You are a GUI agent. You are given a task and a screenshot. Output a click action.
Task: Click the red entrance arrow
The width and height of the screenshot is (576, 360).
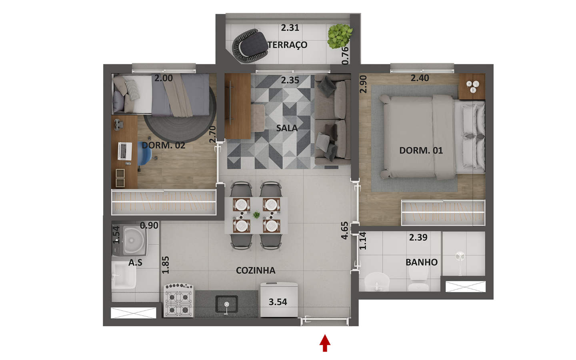(325, 343)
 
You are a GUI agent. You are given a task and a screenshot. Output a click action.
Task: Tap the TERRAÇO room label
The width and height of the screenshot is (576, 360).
(288, 45)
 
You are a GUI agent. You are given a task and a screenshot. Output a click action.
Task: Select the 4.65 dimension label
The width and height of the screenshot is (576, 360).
(344, 230)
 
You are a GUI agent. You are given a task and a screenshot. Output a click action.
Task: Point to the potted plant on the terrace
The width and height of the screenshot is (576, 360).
(340, 36)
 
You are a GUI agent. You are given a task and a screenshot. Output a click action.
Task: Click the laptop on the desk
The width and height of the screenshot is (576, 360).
(125, 151)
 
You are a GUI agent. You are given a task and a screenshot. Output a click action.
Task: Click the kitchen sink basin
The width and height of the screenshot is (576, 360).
(226, 304)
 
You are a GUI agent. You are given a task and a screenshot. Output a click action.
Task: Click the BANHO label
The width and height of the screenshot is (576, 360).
(422, 262)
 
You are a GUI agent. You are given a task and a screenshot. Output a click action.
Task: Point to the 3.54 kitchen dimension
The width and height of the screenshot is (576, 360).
(278, 302)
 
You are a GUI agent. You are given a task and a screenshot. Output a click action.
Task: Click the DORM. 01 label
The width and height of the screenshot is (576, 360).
(421, 150)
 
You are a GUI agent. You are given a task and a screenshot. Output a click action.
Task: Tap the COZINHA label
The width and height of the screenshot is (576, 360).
(256, 270)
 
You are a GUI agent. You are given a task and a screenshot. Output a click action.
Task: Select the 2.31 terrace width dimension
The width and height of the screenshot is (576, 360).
(290, 28)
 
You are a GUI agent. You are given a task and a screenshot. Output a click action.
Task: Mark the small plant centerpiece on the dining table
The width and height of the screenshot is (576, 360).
(256, 215)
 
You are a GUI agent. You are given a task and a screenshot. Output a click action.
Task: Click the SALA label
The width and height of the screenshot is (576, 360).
(287, 128)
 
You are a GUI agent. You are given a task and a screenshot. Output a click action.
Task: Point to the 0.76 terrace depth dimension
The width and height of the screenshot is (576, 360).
(345, 56)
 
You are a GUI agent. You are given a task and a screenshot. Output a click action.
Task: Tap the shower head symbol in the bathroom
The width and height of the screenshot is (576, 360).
(460, 257)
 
